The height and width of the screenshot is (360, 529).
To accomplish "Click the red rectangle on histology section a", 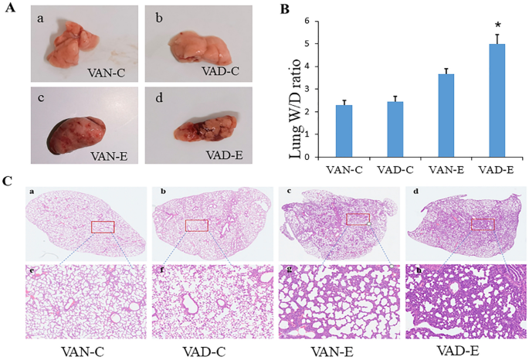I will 102,226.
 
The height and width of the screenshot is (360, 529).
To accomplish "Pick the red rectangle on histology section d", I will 483,223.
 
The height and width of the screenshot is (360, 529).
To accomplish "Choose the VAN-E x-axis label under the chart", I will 440,167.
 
